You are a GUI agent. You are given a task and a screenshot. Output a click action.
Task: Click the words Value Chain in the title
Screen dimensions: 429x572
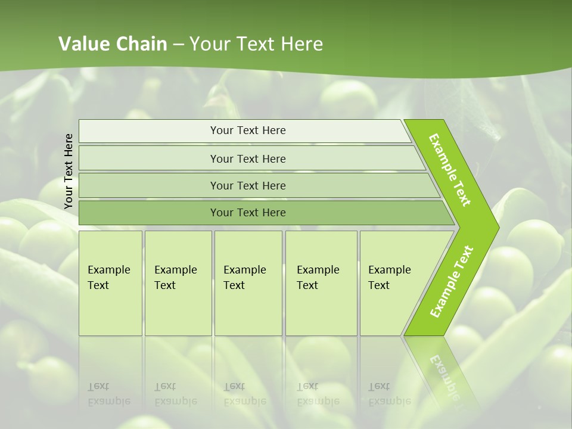click(x=113, y=44)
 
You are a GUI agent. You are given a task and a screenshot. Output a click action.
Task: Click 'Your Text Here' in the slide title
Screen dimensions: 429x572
click(x=256, y=44)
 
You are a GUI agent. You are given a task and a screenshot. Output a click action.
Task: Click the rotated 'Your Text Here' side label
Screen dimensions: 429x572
click(x=69, y=171)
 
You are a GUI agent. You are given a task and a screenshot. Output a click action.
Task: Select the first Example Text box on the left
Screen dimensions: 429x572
click(x=110, y=283)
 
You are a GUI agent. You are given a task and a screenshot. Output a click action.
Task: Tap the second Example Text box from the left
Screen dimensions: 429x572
click(x=178, y=283)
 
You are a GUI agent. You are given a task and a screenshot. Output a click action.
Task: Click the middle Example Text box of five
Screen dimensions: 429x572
click(x=248, y=283)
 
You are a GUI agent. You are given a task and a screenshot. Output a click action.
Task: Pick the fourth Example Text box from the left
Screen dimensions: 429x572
click(x=321, y=283)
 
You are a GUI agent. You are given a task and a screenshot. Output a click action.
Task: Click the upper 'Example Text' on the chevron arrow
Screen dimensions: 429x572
click(x=450, y=170)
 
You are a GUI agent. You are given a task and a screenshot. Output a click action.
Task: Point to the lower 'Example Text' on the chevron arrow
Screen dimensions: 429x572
click(x=452, y=282)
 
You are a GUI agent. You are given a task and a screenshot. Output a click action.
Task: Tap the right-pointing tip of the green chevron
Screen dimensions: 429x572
click(x=496, y=228)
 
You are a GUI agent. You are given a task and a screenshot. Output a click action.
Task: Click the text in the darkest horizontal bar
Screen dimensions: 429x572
click(x=248, y=213)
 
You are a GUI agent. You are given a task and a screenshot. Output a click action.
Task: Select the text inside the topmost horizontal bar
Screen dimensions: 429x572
click(x=248, y=130)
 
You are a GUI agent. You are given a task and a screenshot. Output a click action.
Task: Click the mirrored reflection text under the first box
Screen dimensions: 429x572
click(x=108, y=394)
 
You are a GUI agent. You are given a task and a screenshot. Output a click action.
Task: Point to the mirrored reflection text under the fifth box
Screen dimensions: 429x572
click(x=389, y=394)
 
